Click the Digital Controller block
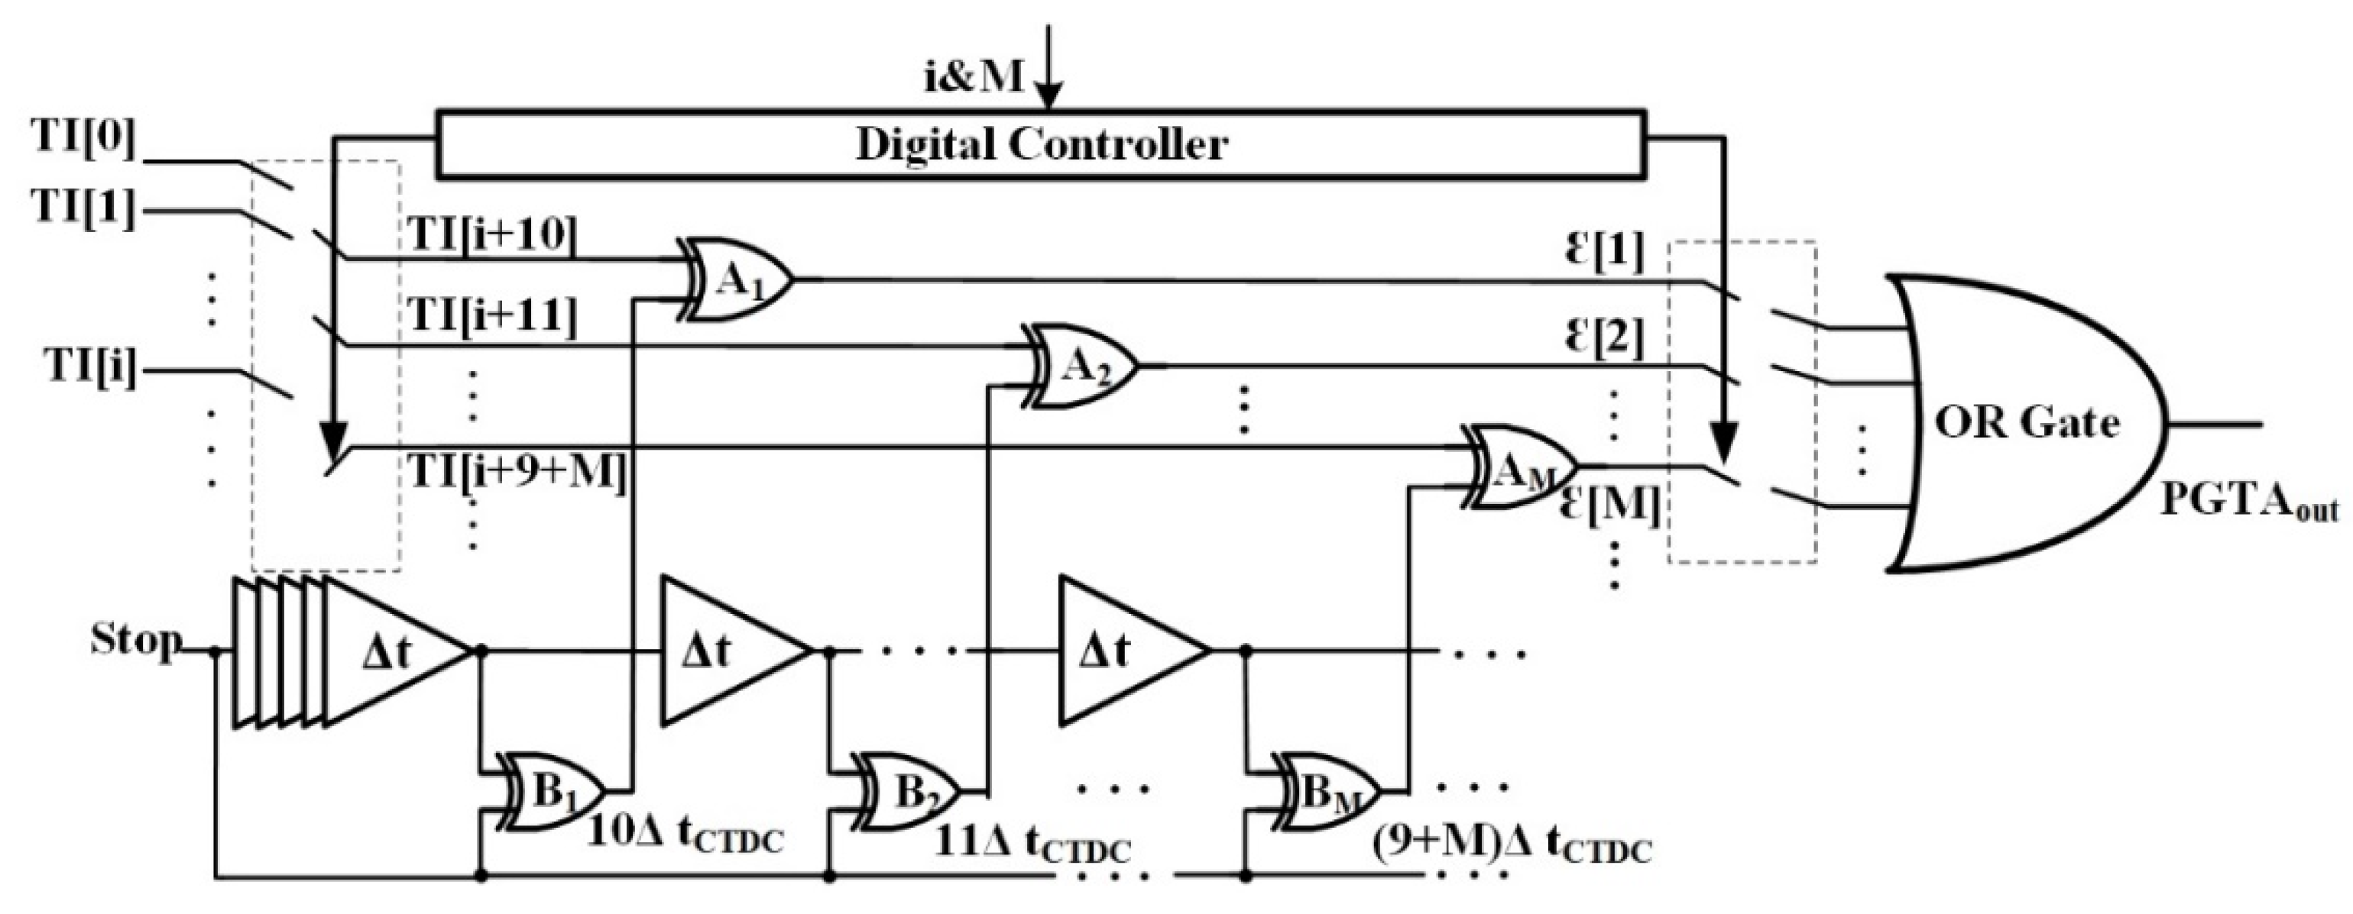pyautogui.click(x=1042, y=144)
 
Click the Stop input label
pyautogui.click(x=135, y=639)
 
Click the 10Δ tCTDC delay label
pyautogui.click(x=685, y=834)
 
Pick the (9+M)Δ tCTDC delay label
pyautogui.click(x=1512, y=845)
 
